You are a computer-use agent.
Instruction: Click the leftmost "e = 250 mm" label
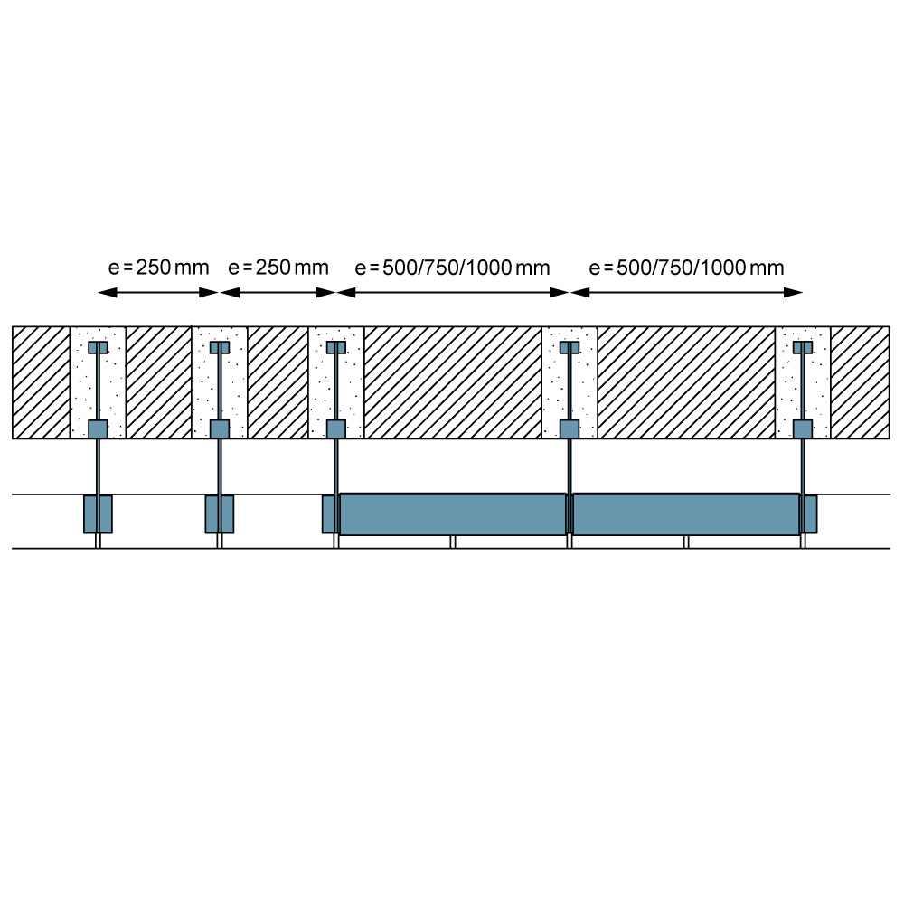pyautogui.click(x=158, y=268)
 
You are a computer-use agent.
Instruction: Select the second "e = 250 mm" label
pyautogui.click(x=278, y=268)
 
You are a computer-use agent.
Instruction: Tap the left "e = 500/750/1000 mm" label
pyautogui.click(x=453, y=268)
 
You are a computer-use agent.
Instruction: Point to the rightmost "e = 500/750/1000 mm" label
pyautogui.click(x=687, y=268)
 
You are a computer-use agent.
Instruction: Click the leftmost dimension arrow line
pyautogui.click(x=158, y=293)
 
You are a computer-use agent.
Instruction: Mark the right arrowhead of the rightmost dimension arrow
pyautogui.click(x=794, y=293)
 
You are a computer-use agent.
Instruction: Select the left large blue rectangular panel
pyautogui.click(x=453, y=514)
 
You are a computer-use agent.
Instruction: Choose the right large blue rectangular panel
pyautogui.click(x=686, y=514)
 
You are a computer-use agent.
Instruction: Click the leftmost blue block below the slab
pyautogui.click(x=98, y=514)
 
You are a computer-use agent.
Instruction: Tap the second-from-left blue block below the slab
pyautogui.click(x=220, y=514)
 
